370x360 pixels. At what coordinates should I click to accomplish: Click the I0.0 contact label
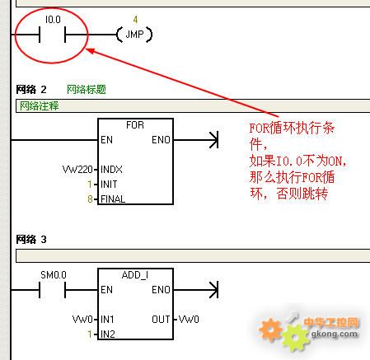pos(53,20)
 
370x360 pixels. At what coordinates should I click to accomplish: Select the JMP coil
pos(134,35)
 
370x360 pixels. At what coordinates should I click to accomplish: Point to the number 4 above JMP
pos(135,20)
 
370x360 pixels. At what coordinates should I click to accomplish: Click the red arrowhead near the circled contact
pos(91,51)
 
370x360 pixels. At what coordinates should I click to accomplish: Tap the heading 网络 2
pos(31,90)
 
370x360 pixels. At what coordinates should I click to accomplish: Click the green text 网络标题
pos(87,90)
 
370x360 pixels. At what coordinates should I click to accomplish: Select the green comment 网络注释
pos(40,105)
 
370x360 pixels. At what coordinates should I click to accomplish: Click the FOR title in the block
pos(135,125)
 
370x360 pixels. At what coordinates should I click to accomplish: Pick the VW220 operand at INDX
pos(77,170)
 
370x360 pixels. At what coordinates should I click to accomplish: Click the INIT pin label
pos(109,185)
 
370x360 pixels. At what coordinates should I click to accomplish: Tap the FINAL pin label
pos(113,199)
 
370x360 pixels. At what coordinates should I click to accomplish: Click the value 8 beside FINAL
pos(90,199)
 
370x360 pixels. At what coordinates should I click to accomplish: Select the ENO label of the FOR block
pos(161,140)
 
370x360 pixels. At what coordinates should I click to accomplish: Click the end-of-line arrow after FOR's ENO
pos(213,140)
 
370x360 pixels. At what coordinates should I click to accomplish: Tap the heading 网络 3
pos(31,240)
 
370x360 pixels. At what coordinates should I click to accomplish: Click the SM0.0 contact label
pos(54,275)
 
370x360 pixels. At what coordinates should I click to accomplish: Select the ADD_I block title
pos(135,275)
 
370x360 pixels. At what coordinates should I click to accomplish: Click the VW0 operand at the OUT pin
pos(189,320)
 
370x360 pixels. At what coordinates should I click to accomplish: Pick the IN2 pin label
pos(108,334)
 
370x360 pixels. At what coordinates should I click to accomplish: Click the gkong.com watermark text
pos(335,334)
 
